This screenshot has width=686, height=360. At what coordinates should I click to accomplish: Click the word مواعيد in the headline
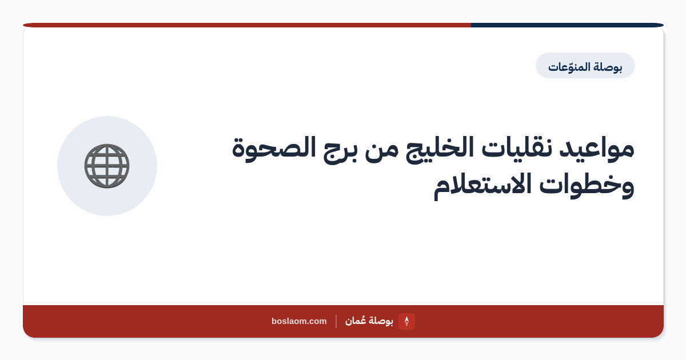(x=597, y=149)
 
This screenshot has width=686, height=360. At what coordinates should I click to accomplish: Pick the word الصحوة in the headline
(x=274, y=149)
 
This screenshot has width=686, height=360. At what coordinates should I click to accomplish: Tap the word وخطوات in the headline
(x=587, y=185)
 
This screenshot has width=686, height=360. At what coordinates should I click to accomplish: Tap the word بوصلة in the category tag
(x=607, y=67)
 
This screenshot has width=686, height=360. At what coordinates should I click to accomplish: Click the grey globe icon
(x=107, y=166)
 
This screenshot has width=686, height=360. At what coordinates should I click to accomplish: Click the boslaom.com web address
(x=299, y=321)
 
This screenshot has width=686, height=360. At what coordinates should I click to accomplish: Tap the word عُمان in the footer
(x=355, y=321)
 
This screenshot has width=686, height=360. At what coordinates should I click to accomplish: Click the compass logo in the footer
(x=406, y=321)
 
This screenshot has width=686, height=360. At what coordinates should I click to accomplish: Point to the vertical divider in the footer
(x=336, y=321)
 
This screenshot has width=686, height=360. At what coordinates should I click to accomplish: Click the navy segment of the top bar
(x=567, y=25)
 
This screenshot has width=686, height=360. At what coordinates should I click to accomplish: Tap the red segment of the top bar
(x=247, y=25)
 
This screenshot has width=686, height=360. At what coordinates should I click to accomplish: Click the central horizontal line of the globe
(x=107, y=166)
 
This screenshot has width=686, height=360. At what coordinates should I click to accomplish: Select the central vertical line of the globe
(x=107, y=166)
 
